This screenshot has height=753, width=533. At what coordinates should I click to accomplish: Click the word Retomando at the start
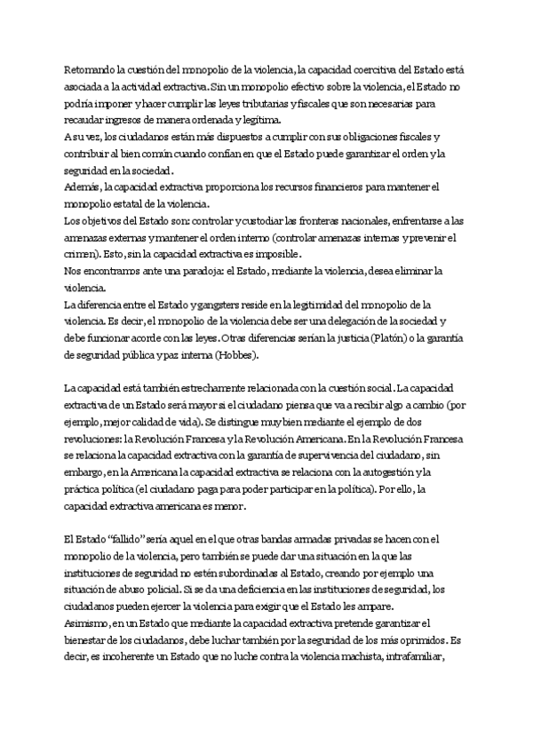[x=92, y=67]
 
